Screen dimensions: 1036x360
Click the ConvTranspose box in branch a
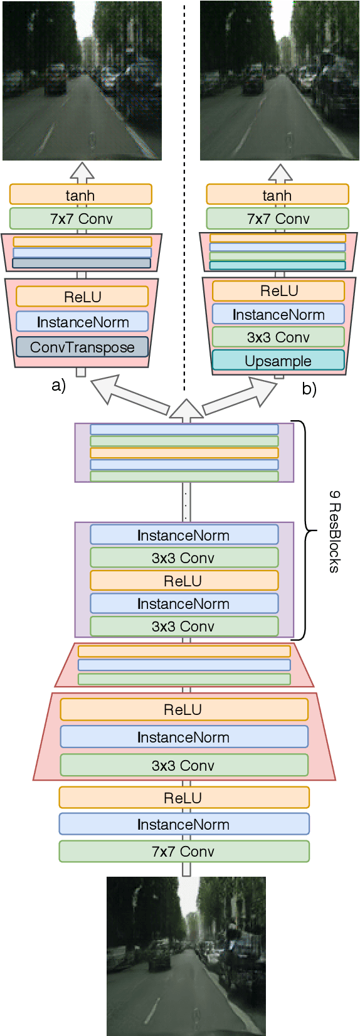click(82, 347)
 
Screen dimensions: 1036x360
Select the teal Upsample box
click(278, 361)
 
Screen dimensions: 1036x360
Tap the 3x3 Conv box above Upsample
click(278, 337)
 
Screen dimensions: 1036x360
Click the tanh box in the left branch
click(80, 194)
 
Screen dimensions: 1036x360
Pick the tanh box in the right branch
click(277, 194)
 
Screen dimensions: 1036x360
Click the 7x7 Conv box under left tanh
click(80, 218)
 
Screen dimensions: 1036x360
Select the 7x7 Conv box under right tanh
click(277, 218)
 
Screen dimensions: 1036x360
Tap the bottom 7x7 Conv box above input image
click(184, 851)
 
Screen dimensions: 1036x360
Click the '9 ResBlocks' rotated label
click(334, 531)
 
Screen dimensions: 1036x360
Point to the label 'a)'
click(58, 385)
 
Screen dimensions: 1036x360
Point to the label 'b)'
click(309, 389)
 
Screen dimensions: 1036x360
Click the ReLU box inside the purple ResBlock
click(184, 581)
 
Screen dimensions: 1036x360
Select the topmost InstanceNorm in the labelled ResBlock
click(184, 535)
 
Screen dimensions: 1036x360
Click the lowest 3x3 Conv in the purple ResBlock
click(184, 626)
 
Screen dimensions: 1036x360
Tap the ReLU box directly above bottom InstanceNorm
click(184, 798)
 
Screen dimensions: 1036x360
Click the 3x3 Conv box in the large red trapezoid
click(184, 765)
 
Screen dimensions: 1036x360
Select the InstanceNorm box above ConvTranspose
click(82, 322)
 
